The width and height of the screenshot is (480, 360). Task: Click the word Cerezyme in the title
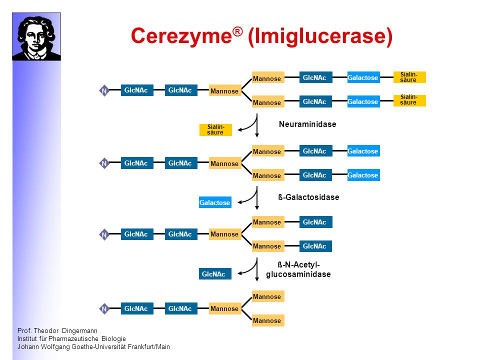pos(181,36)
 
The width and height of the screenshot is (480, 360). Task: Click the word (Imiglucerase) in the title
pos(320,36)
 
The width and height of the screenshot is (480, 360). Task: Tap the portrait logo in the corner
pos(36,36)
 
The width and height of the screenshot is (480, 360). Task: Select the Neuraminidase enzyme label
pos(307,124)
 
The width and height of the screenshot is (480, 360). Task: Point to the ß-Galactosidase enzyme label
pos(308,197)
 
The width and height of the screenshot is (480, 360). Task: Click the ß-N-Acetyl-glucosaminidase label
pos(298,269)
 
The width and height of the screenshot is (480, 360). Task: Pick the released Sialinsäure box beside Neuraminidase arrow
pos(215,130)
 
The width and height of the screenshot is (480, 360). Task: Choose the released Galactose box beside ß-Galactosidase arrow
pos(215,202)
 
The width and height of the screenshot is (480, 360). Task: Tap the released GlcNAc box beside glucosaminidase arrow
pos(215,273)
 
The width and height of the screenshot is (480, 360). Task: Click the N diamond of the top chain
pos(104,90)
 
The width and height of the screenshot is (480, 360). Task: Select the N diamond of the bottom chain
pos(104,309)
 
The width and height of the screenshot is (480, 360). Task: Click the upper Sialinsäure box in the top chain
pos(409,77)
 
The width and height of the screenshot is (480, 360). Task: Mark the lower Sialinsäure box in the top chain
pos(409,100)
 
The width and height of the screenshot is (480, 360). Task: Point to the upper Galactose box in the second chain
pos(363,151)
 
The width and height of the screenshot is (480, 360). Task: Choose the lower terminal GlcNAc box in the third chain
pos(315,246)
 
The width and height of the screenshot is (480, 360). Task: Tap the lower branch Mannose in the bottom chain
pos(268,320)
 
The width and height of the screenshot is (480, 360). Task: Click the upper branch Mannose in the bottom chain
pos(268,296)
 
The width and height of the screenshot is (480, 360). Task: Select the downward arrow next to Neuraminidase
pos(257,125)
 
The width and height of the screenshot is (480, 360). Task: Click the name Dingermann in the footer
pos(79,331)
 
